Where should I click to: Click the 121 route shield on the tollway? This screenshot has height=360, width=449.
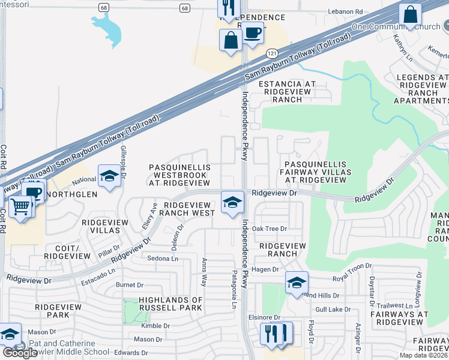tap(271, 54)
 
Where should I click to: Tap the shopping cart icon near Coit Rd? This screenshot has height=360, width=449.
tap(20, 207)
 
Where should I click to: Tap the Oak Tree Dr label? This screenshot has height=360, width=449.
tap(270, 229)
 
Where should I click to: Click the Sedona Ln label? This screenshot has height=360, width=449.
tap(163, 259)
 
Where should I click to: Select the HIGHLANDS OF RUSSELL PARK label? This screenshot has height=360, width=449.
tap(170, 304)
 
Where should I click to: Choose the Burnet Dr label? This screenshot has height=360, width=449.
tap(130, 285)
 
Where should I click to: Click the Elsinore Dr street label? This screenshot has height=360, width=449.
tap(265, 317)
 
